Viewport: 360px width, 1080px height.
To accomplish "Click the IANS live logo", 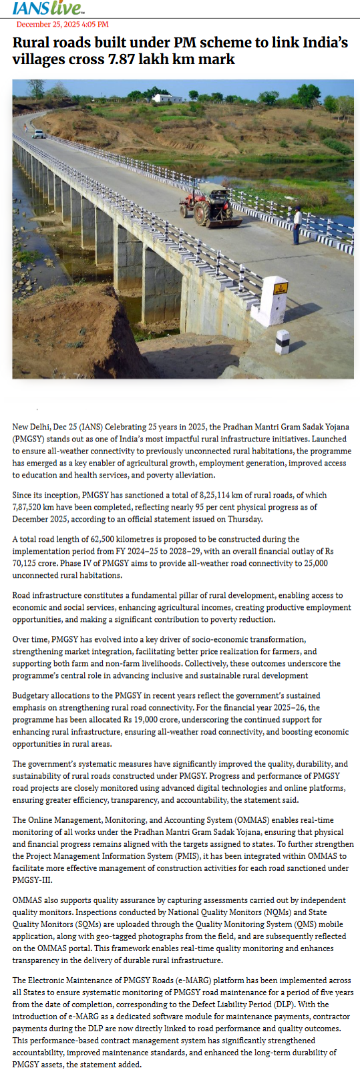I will pyautogui.click(x=48, y=8).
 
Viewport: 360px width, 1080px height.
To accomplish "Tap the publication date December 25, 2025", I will pyautogui.click(x=62, y=25).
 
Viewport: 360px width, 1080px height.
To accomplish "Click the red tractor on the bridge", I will pyautogui.click(x=209, y=208).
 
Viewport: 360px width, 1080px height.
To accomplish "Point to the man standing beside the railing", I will pyautogui.click(x=297, y=225).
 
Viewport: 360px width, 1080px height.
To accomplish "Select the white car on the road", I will pyautogui.click(x=39, y=134).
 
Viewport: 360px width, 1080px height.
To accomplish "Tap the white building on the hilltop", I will pyautogui.click(x=167, y=98).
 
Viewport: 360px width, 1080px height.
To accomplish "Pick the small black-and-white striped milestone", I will pyautogui.click(x=283, y=343).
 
